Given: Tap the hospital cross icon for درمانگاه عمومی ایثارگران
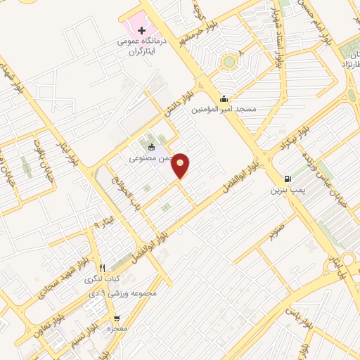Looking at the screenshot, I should point(143,31).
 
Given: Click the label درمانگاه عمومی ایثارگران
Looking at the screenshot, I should point(143,47).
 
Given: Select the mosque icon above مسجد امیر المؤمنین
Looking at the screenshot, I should point(224,98).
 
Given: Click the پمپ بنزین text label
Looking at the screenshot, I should point(286,190).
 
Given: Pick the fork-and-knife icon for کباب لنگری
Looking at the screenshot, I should point(103,268).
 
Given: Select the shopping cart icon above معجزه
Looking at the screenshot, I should point(117,318).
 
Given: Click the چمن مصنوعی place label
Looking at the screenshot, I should point(148,158).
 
